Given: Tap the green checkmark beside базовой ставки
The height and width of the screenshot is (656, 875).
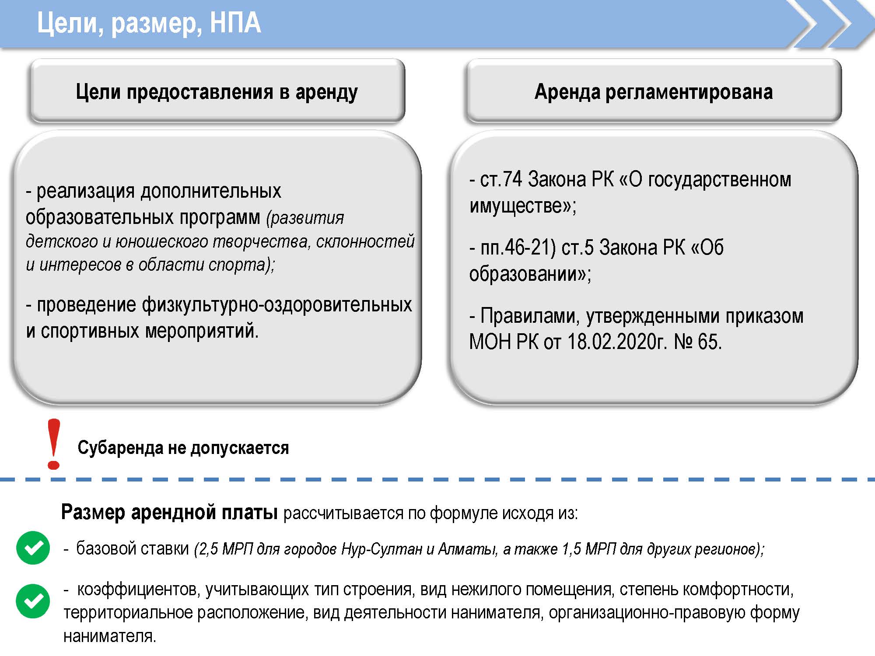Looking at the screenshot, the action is [33, 548].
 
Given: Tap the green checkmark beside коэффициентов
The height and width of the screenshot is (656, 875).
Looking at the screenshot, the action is [33, 601].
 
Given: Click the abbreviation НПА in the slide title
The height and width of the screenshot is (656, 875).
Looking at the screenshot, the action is [235, 23].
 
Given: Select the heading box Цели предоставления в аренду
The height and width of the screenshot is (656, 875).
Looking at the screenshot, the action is [217, 91].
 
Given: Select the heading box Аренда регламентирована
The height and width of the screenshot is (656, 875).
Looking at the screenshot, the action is [654, 91].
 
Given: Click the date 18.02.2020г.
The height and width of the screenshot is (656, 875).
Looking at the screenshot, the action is [617, 341].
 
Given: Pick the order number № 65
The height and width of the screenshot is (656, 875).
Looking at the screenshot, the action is [697, 341].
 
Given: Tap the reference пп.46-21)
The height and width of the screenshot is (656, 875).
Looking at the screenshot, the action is [518, 248].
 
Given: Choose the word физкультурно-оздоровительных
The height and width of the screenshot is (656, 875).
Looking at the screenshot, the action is [277, 305].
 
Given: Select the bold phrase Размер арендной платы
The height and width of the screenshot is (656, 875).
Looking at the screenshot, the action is [169, 512].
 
